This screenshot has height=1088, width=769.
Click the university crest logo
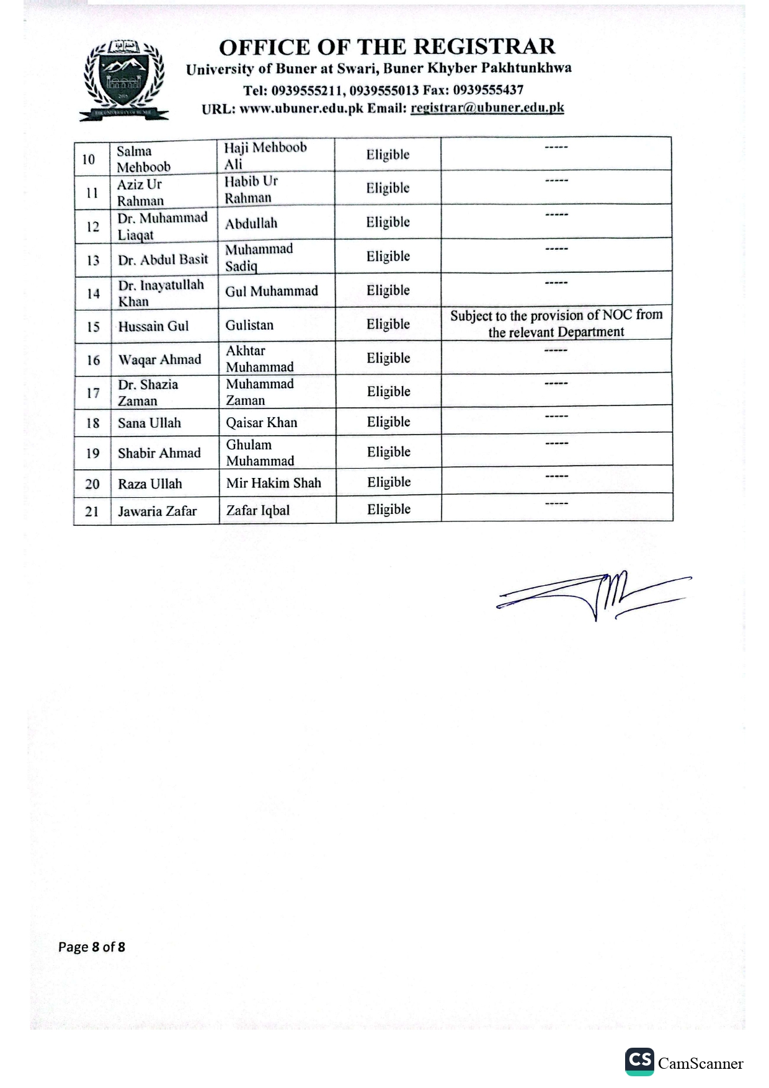pos(124,79)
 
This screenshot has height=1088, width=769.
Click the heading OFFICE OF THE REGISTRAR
pos(387,46)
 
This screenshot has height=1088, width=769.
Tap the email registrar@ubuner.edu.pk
pos(487,107)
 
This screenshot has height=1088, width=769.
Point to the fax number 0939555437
pos(488,90)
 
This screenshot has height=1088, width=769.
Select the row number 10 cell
pos(89,159)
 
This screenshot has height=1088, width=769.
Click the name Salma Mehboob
pos(143,159)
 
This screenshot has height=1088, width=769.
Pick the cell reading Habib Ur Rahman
pos(251,189)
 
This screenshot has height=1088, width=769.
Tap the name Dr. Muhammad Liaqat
pos(162,226)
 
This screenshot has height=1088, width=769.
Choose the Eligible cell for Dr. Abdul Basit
pos(388,256)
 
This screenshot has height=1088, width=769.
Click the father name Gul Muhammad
pos(272,291)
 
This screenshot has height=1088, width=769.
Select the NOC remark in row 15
pos(556,323)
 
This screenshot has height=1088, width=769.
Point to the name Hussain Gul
pos(153,326)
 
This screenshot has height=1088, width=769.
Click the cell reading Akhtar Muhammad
pos(259,358)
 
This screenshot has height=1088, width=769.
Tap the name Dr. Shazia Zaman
pos(148,392)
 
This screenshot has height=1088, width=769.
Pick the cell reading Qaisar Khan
pos(261,422)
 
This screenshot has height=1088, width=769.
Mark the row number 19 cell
pos(92,453)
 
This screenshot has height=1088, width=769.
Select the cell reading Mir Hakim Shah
pos(273,482)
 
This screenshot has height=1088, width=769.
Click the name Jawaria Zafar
pos(157,511)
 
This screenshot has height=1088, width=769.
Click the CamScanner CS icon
pos(639,1061)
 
